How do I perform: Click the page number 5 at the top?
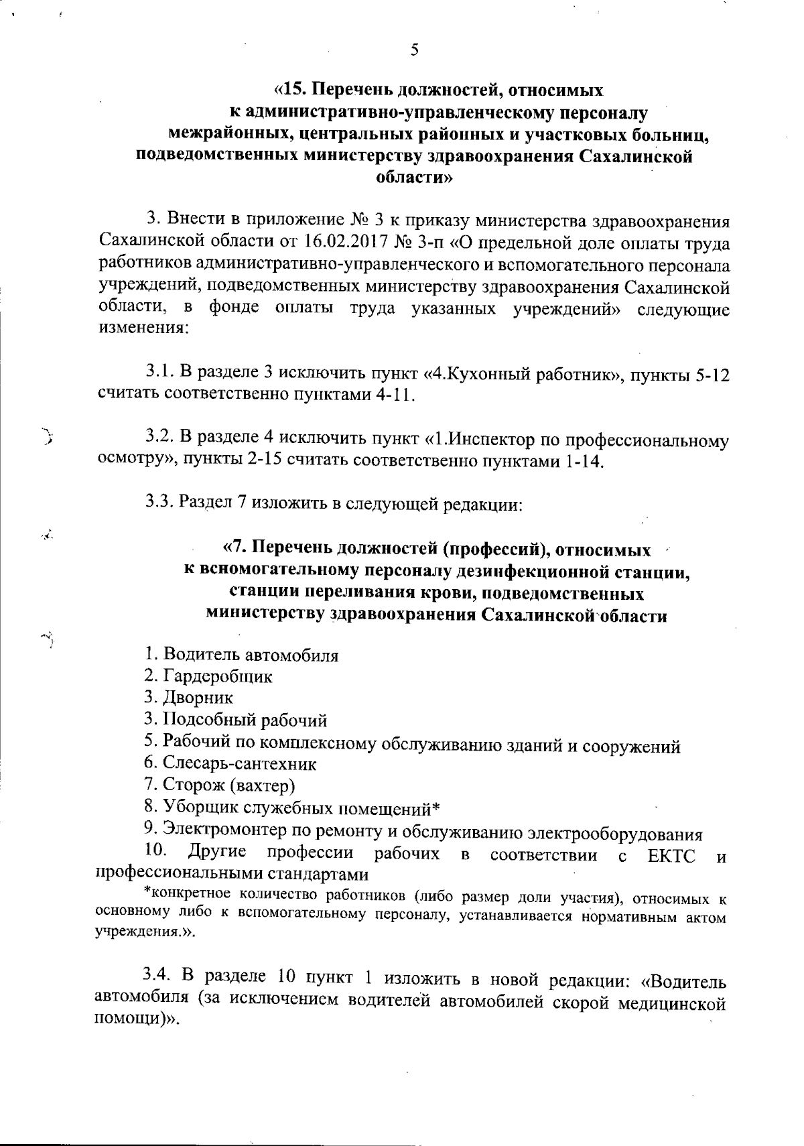[414, 50]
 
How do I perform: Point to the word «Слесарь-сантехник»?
[239, 763]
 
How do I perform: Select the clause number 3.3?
[159, 503]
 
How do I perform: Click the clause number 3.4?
[159, 980]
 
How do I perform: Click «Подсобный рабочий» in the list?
[245, 720]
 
